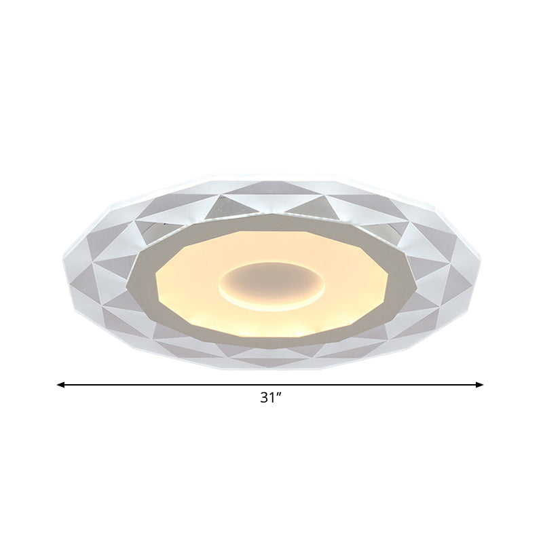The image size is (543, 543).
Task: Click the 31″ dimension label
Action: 270,398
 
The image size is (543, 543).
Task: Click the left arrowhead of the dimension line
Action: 60,385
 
